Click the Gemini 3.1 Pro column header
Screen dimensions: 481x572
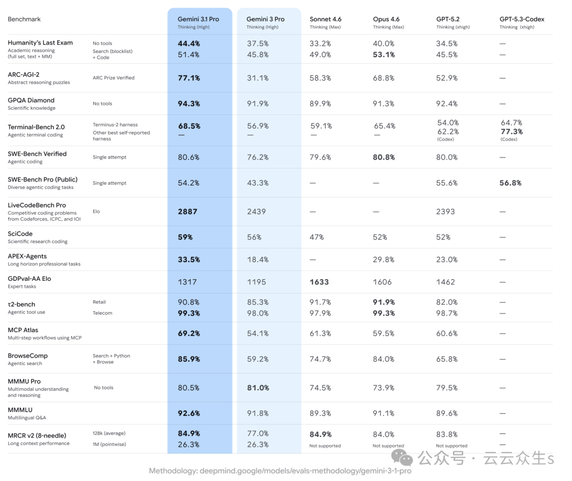tap(198, 19)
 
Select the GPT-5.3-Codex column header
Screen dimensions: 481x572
tap(522, 19)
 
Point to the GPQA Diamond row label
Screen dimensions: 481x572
tap(31, 100)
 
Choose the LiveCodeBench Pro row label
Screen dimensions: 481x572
tap(37, 205)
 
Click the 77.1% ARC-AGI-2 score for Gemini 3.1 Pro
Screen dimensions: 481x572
tap(189, 78)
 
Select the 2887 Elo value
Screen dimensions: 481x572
tap(187, 211)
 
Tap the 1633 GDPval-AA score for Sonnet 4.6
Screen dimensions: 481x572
tap(319, 282)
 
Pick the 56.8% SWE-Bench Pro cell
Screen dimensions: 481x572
tap(511, 183)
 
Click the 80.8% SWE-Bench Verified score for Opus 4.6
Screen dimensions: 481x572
tap(383, 157)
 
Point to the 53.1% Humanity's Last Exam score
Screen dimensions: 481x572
tap(383, 55)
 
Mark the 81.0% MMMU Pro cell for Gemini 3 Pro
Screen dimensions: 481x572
tap(258, 388)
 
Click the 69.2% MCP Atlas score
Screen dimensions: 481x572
tap(189, 333)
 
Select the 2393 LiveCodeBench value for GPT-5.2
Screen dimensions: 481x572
tap(445, 211)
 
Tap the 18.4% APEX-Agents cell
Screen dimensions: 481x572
tap(257, 260)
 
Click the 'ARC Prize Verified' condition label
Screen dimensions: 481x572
tap(113, 78)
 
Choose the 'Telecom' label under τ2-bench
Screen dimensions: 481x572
tap(102, 313)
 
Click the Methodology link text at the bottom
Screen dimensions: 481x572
tap(280, 471)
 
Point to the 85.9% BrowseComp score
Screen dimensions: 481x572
tap(189, 359)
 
